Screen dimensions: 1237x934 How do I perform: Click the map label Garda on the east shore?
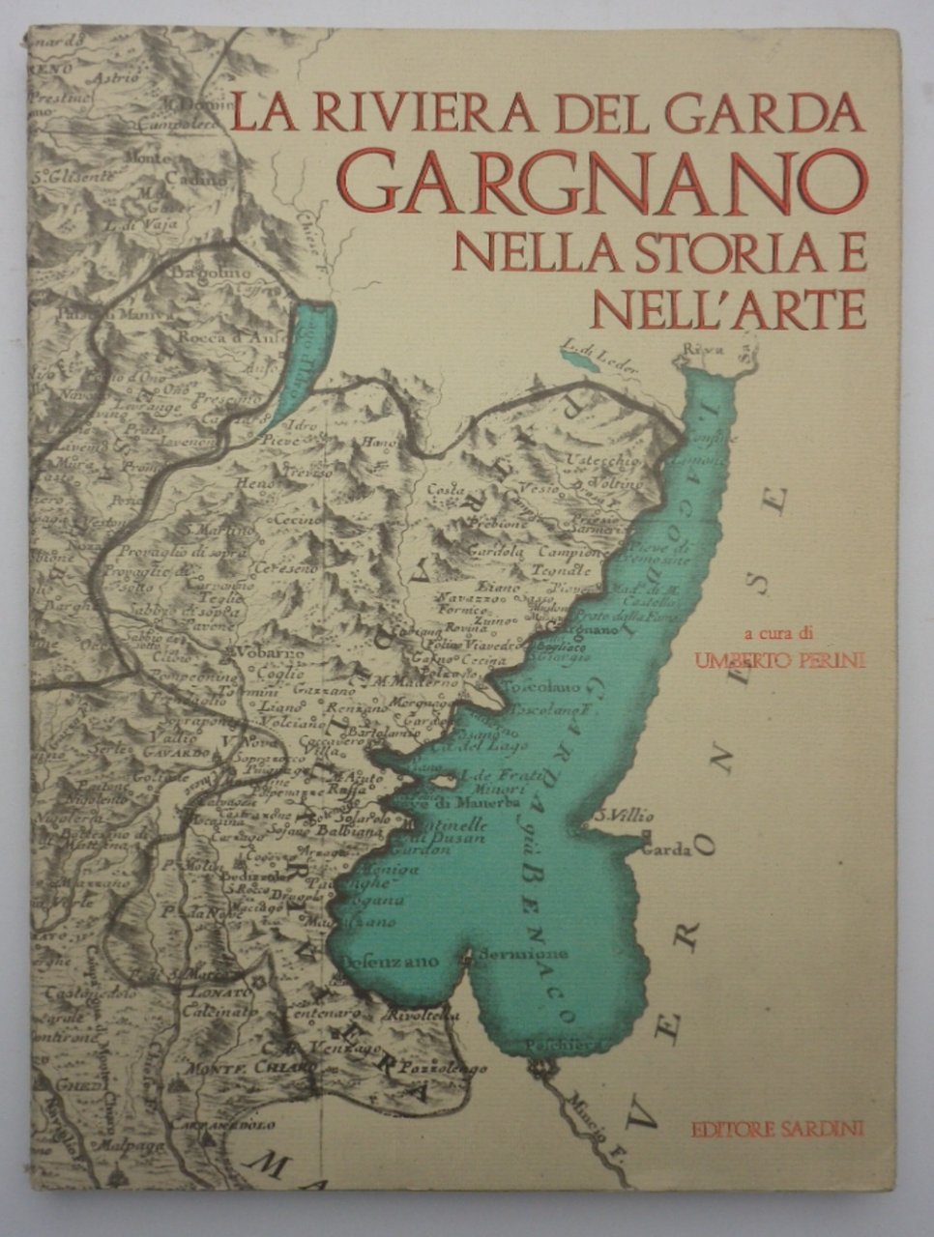click(666, 850)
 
